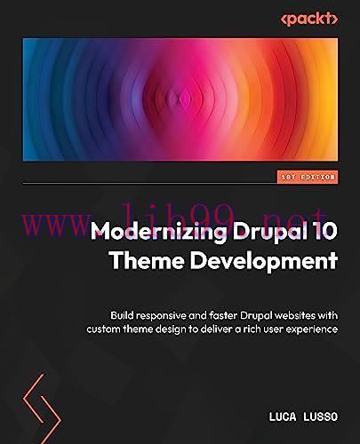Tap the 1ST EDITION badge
(305, 177)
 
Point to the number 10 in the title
(323, 233)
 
